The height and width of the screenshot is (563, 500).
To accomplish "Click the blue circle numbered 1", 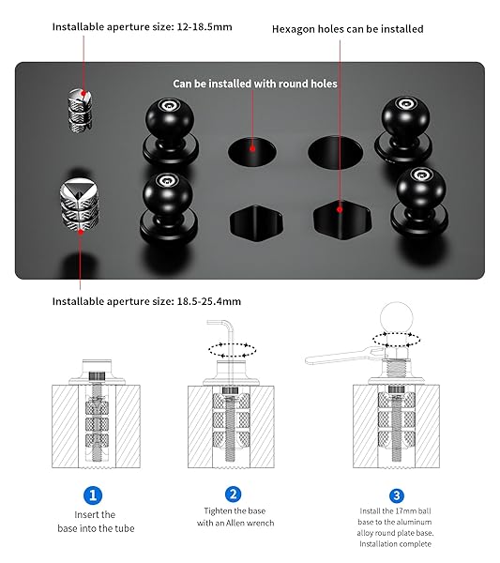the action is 93,495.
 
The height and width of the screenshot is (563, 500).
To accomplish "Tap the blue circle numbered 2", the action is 233,495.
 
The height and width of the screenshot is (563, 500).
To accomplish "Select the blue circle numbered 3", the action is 397,495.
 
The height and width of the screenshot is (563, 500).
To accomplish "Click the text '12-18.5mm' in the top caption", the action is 205,27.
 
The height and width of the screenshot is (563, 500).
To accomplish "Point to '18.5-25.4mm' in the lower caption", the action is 209,301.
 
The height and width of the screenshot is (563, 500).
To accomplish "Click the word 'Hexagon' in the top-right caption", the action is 293,29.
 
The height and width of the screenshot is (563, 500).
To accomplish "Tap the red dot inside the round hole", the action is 252,148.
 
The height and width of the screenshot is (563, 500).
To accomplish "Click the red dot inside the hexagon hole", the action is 340,209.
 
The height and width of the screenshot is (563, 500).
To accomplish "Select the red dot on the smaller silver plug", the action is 83,93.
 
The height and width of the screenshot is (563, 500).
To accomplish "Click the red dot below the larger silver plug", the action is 81,232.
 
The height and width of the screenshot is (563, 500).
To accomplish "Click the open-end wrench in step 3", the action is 344,356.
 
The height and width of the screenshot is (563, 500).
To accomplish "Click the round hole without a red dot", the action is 335,152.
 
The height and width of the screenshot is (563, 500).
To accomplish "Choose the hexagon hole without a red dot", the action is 256,223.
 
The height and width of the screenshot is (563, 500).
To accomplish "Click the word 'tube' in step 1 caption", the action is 124,528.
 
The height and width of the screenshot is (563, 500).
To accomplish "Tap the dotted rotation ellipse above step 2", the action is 233,350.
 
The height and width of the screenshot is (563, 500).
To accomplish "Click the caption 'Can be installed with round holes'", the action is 255,84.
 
